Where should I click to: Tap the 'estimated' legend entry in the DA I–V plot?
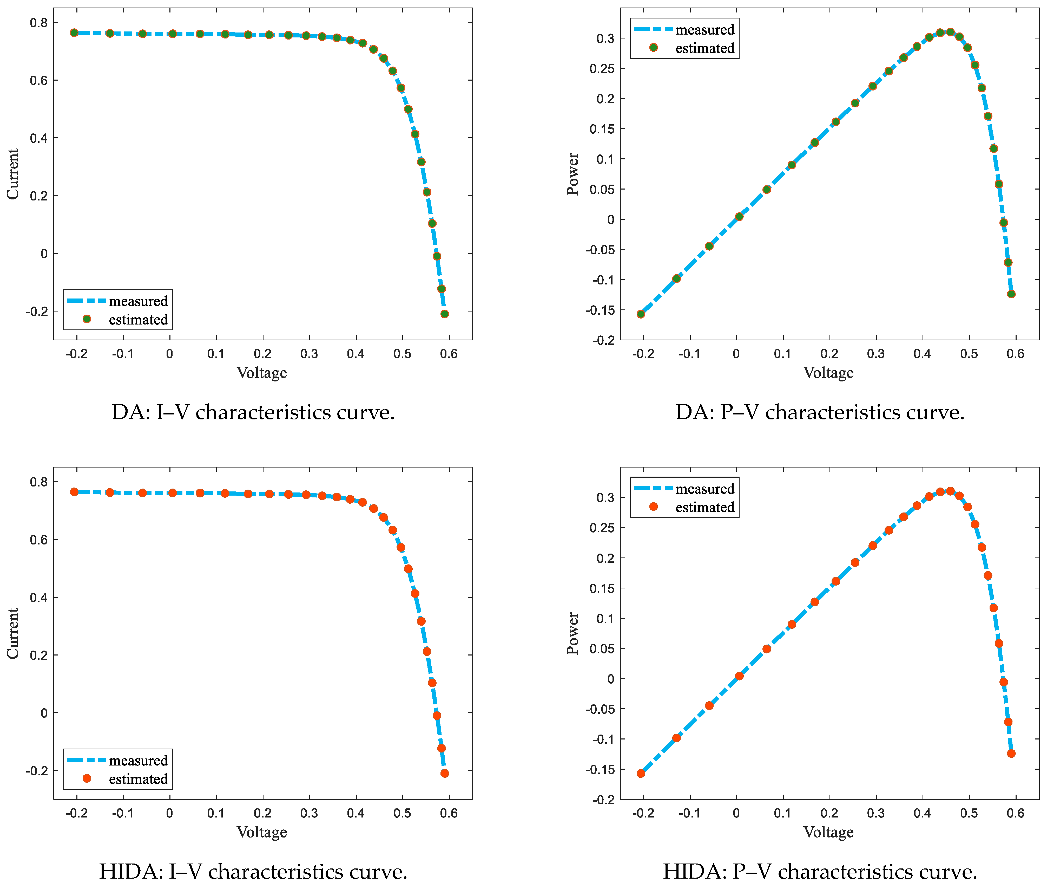[138, 320]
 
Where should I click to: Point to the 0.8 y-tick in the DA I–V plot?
[39, 23]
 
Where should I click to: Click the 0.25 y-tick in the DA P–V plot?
[602, 69]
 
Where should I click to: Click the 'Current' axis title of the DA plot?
[12, 174]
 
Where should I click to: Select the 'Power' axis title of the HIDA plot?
[572, 633]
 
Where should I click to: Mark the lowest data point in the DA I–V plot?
[444, 314]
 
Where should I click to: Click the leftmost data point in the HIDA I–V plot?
[74, 492]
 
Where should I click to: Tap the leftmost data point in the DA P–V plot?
[641, 314]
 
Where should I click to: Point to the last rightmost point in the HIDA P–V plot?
[1011, 754]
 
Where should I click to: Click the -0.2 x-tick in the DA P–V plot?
[643, 354]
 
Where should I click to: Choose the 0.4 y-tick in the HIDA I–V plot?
[39, 598]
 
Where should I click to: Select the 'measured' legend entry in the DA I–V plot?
[138, 301]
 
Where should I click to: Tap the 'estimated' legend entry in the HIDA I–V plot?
[138, 779]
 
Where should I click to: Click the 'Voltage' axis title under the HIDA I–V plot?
[262, 832]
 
